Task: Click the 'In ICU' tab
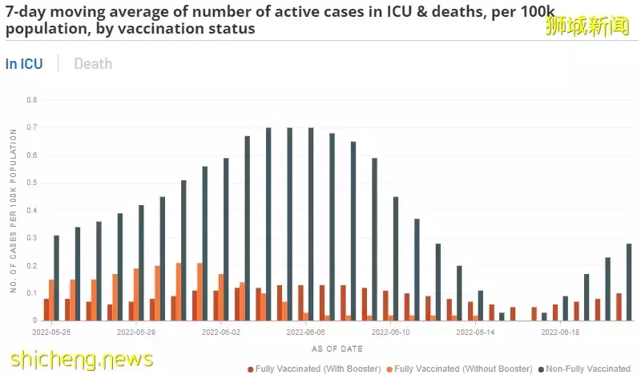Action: coord(24,64)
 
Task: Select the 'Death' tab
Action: coord(93,64)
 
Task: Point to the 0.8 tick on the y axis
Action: coord(32,100)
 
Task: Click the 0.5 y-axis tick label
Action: coord(32,183)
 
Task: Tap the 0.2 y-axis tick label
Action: coord(32,265)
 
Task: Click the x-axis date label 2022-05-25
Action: coord(52,330)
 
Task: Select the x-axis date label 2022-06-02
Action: coord(220,330)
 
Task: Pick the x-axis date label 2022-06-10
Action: coord(390,330)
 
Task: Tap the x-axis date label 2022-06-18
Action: coord(560,330)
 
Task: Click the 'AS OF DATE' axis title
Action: coord(337,349)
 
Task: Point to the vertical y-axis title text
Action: coord(14,210)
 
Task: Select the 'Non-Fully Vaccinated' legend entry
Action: coord(588,369)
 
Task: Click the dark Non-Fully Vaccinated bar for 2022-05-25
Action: coord(56,278)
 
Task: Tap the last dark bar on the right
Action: coord(629,282)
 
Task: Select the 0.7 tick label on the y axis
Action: coord(32,127)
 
